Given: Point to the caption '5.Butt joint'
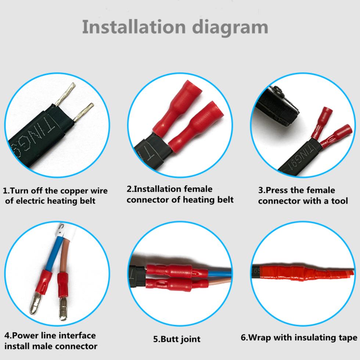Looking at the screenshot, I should tap(177, 339).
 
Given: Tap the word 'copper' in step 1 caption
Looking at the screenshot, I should tap(74, 191).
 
